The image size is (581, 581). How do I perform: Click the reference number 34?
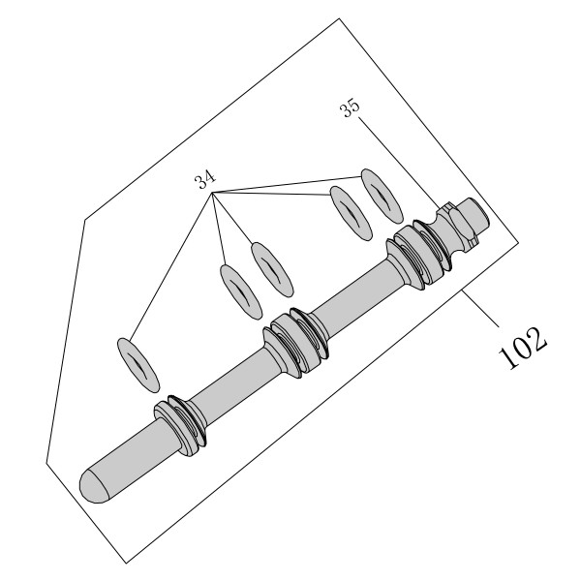205,180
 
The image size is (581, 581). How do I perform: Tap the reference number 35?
350,107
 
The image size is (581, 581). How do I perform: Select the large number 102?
523,348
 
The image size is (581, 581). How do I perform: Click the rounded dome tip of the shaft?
94,486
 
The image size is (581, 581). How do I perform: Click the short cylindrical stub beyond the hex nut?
474,216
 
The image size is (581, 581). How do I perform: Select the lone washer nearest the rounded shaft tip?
138,365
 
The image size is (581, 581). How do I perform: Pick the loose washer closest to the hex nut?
382,197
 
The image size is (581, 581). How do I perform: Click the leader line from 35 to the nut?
399,163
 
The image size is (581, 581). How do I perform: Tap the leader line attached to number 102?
480,309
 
